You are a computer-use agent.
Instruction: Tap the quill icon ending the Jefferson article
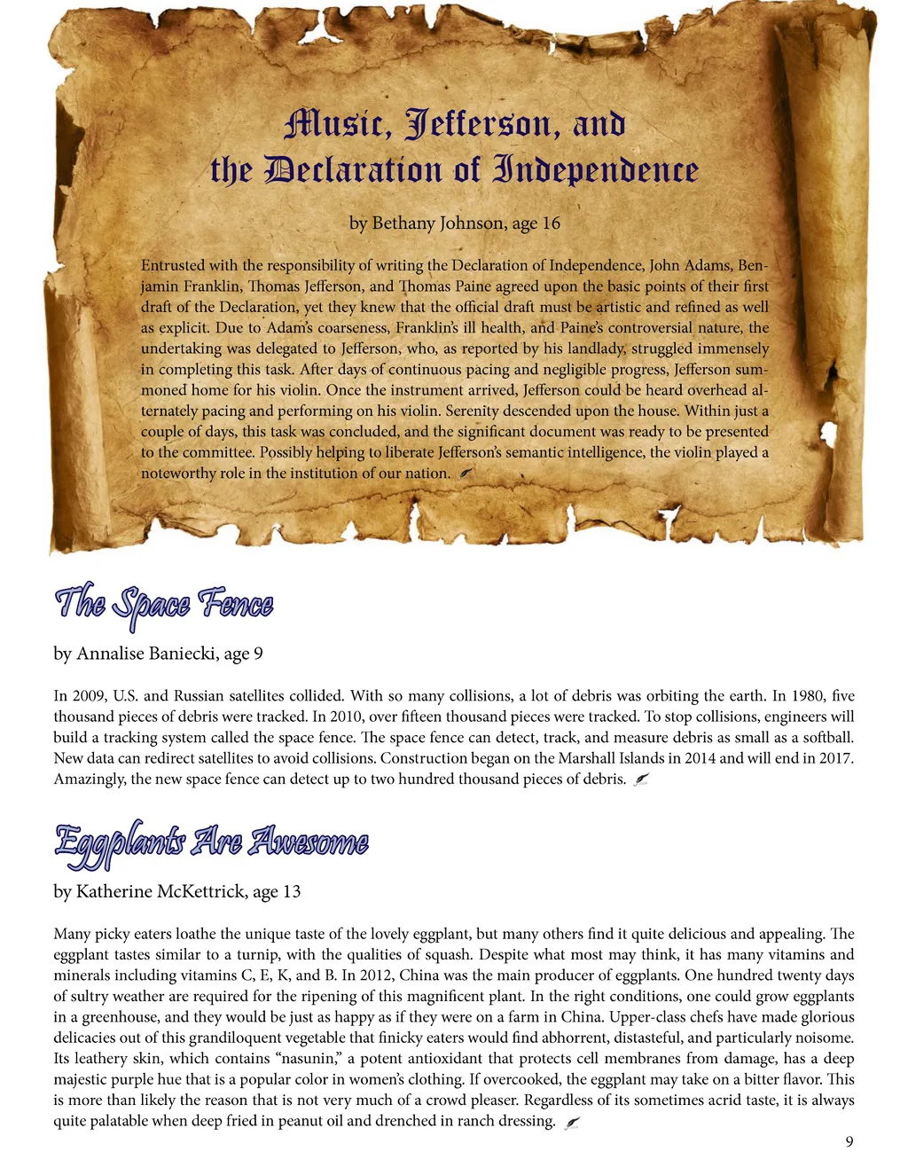[x=468, y=474]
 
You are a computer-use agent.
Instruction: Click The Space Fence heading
[x=164, y=605]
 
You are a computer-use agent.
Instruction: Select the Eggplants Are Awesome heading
[x=211, y=841]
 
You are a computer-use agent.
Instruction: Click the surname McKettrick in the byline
[x=202, y=891]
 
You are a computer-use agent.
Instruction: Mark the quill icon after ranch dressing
[x=572, y=1122]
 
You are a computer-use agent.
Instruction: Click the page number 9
[x=849, y=1141]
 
